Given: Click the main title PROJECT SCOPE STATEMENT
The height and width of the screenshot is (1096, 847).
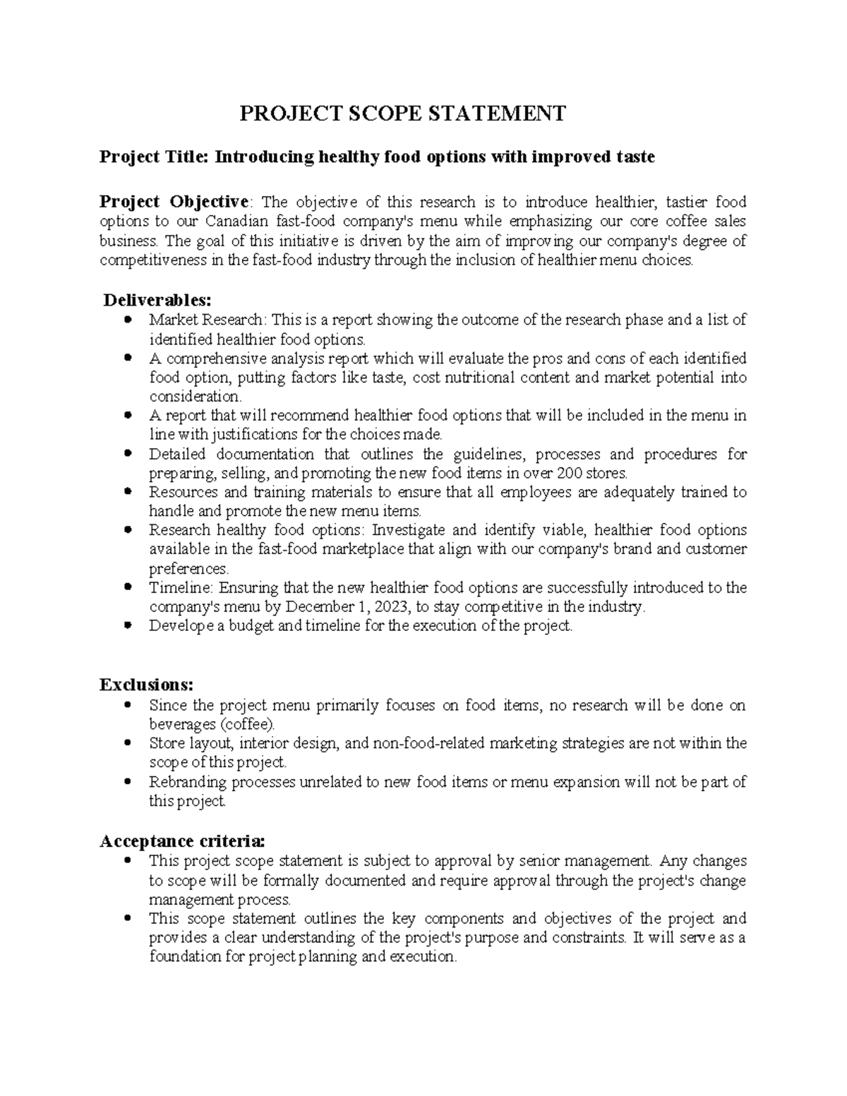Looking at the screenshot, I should click(402, 113).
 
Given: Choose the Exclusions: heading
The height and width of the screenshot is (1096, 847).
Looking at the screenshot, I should click(146, 685).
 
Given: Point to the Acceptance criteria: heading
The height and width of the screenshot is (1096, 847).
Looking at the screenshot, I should click(183, 841).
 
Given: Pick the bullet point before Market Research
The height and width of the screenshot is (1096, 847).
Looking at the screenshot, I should click(127, 320).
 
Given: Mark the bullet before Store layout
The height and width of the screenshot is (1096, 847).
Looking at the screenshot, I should click(127, 743).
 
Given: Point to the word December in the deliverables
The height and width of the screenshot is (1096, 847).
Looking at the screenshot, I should click(316, 607).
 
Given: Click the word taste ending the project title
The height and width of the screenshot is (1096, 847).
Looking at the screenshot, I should click(634, 157).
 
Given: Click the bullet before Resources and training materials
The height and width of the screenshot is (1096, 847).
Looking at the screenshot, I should click(127, 492).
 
